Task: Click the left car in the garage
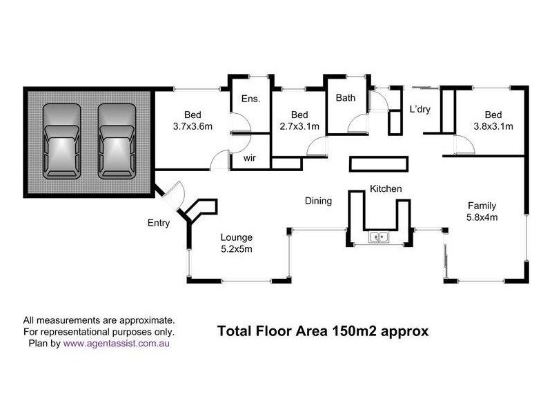point(62,143)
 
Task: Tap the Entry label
point(159,223)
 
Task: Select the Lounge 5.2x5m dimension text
point(237,248)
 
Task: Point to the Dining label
point(319,201)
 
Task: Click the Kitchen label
point(386,188)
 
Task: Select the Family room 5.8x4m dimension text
point(482,217)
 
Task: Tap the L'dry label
point(420,109)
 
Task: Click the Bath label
point(346,98)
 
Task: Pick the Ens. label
point(250,99)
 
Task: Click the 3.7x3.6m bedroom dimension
point(193,126)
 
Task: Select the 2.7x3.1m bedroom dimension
point(299,126)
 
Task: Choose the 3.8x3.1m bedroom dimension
point(493,126)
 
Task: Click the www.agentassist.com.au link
point(121,342)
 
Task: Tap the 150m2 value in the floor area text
point(362,331)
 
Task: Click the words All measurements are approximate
point(99,320)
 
